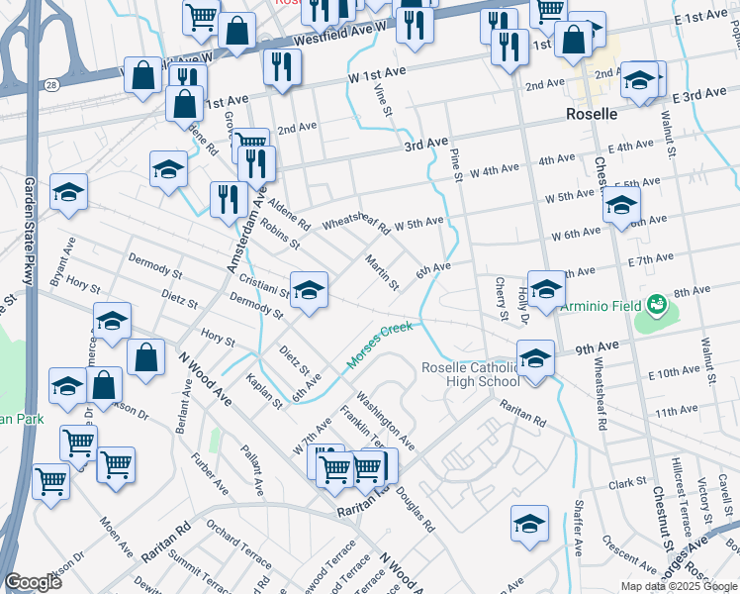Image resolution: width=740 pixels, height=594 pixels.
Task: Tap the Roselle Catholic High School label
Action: [469, 373]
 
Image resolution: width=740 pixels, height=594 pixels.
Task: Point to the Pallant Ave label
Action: [253, 469]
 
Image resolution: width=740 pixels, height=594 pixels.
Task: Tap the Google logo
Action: [33, 582]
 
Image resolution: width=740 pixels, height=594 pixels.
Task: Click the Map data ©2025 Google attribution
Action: [679, 586]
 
